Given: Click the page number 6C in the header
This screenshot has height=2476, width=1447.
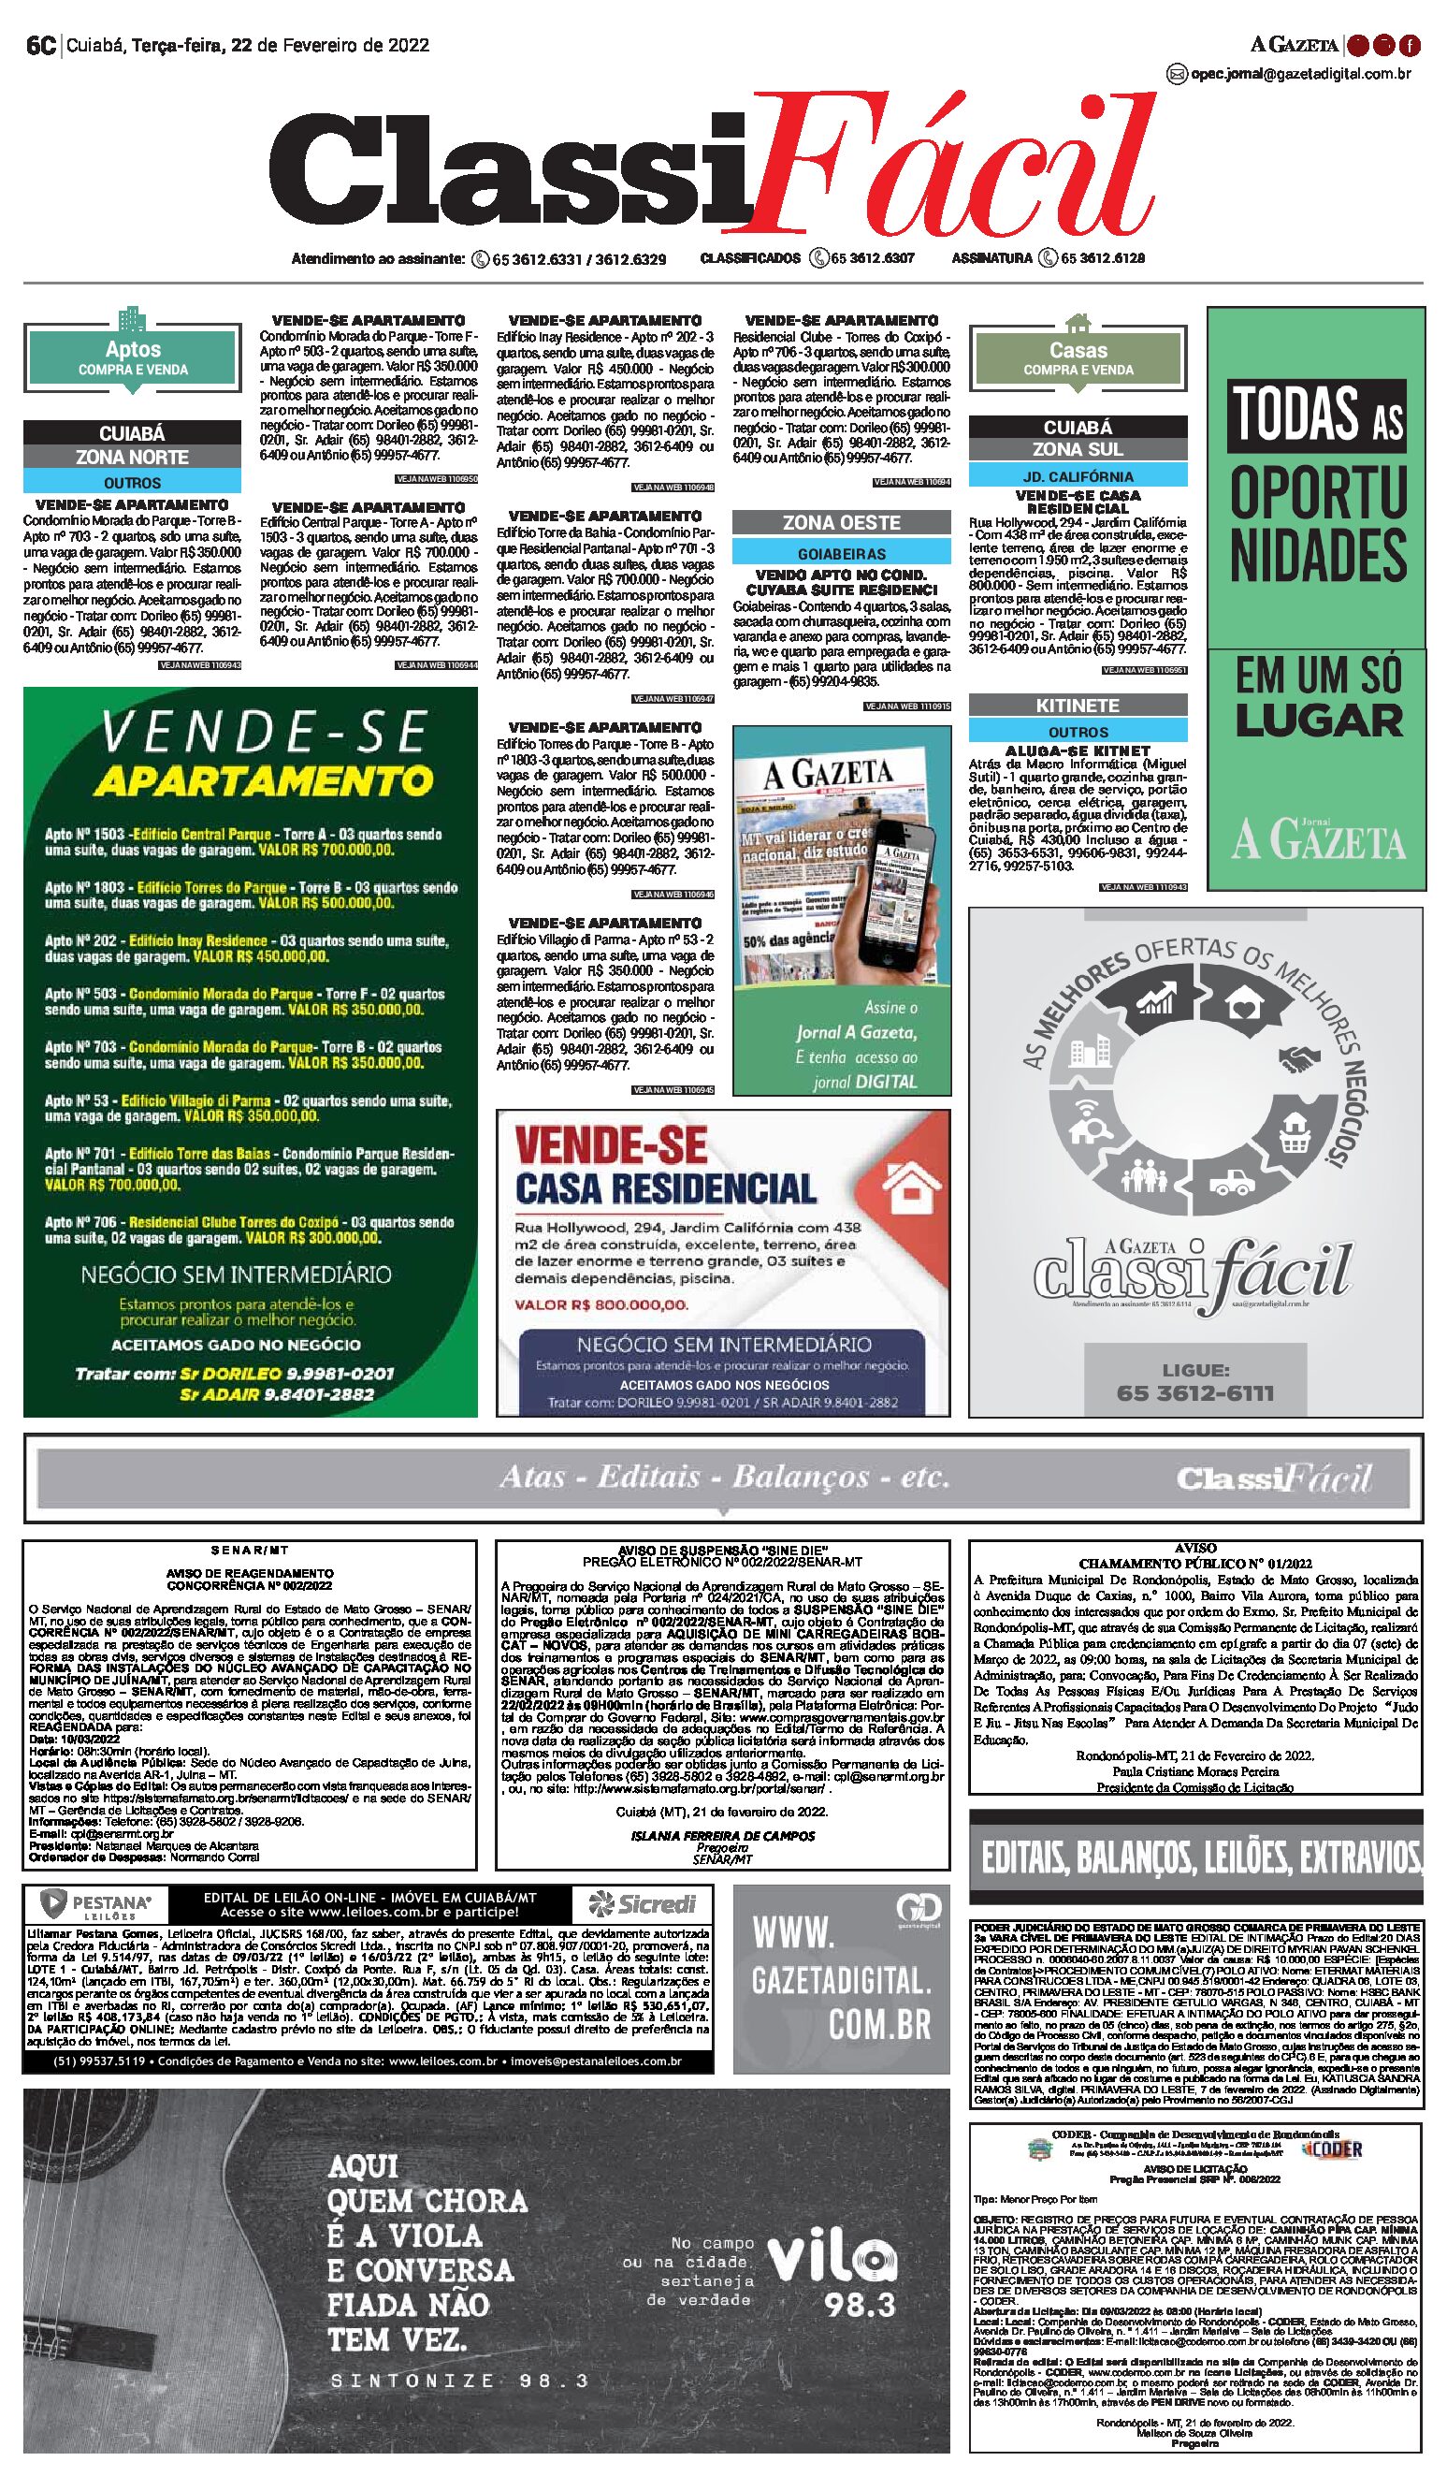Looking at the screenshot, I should point(40,45).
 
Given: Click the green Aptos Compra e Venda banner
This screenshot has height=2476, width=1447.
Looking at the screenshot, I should point(133,357).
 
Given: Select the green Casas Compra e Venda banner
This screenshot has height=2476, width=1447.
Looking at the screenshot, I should point(1078,357).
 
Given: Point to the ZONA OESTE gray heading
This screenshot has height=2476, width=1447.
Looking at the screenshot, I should point(841,523).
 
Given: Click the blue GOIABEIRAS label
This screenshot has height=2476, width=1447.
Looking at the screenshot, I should point(841,554).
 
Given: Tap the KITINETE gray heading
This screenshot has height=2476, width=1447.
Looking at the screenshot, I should point(1078,706).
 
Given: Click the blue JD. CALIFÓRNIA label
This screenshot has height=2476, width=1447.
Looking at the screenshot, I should point(1078,476).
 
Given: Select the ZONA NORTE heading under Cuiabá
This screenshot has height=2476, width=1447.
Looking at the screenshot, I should point(133,457).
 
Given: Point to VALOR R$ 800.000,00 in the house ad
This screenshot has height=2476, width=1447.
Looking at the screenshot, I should point(601,1304).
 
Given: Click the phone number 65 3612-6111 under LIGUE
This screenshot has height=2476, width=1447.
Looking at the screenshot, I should point(1194,1393).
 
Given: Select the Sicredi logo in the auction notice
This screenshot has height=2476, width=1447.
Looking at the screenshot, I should point(643,1903).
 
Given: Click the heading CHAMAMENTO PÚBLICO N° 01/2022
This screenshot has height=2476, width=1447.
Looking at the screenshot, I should point(1194,1564).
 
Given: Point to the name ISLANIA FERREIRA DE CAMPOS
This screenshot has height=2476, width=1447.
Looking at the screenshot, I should point(722,1835).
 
